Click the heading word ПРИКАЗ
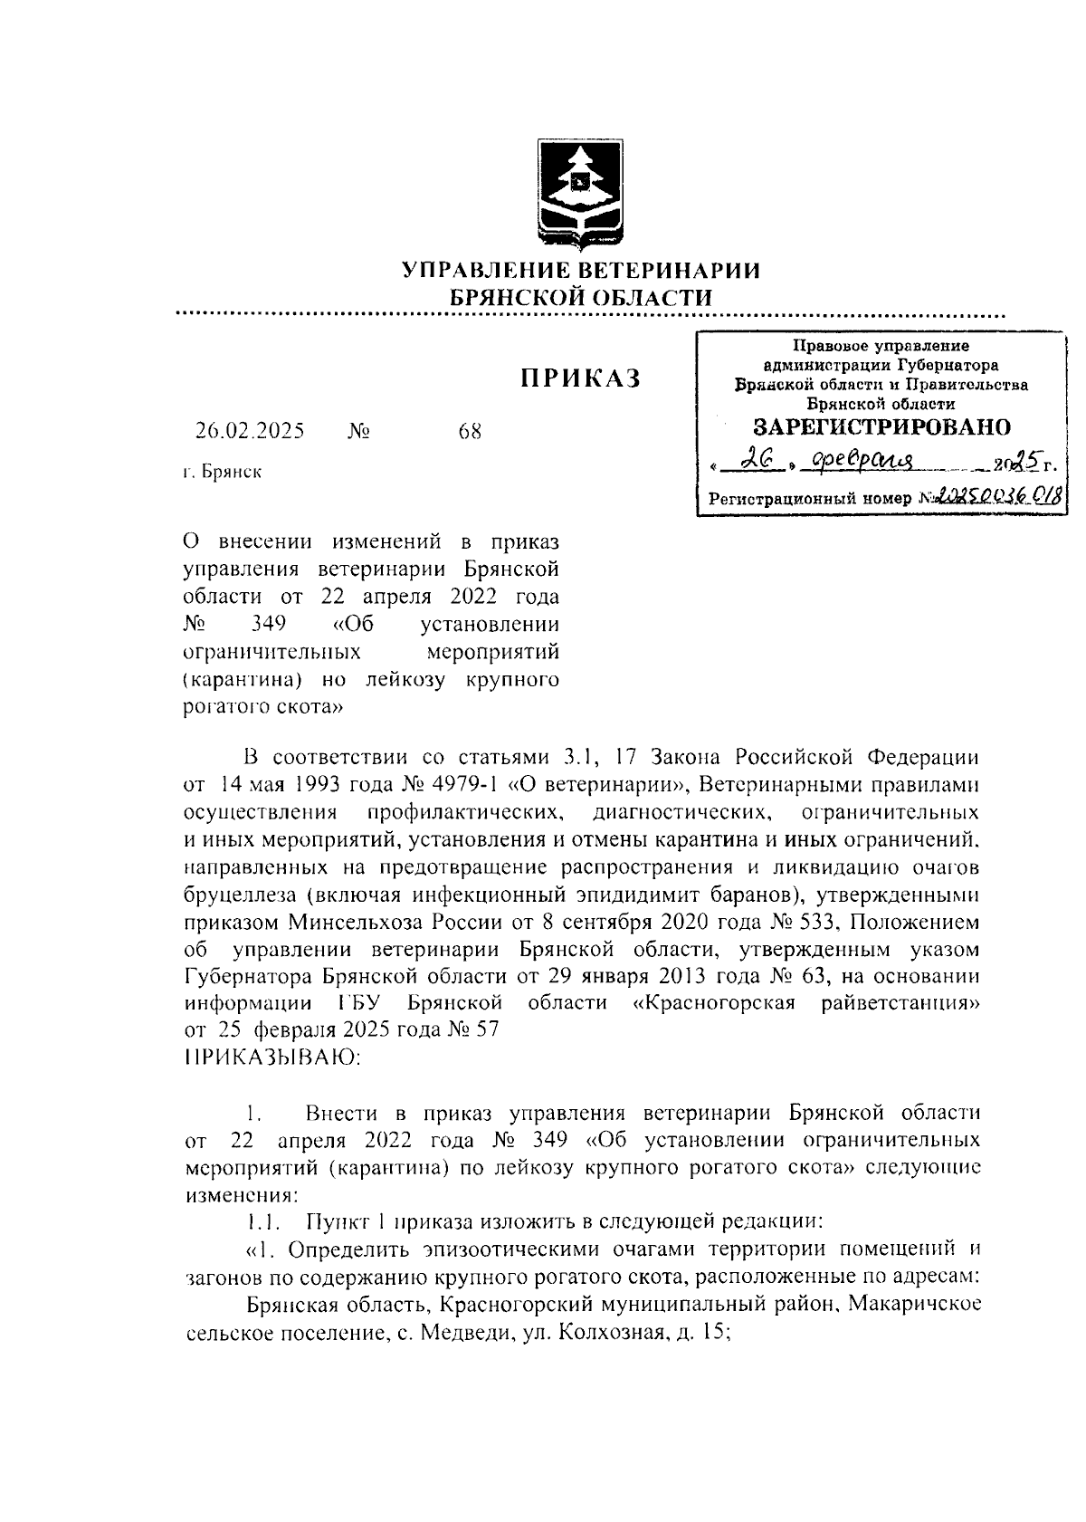pos(579,378)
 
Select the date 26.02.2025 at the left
pos(249,431)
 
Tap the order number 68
pos(470,432)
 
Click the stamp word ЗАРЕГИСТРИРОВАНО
pos(881,426)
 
